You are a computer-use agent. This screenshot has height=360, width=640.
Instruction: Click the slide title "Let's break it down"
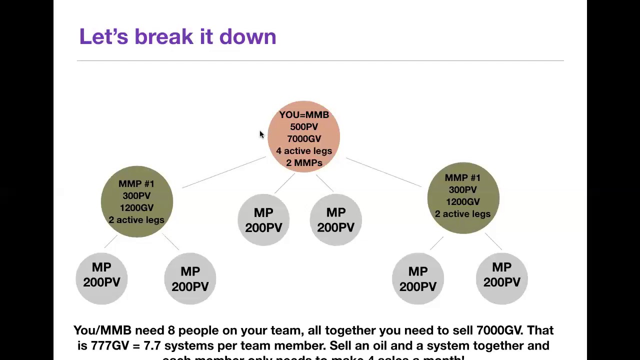point(177,37)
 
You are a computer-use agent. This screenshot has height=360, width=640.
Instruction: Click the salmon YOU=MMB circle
point(304,136)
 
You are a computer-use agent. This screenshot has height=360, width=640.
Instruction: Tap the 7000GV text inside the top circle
point(304,139)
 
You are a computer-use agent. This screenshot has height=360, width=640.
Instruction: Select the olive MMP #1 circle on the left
point(136,201)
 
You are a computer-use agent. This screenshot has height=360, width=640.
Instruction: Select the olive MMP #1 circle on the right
point(463,198)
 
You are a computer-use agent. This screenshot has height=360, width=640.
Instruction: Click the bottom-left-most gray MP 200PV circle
point(101,278)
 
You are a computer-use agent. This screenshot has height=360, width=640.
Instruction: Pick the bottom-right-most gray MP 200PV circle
point(501,278)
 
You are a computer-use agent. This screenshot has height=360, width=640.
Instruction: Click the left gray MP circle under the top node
point(263,220)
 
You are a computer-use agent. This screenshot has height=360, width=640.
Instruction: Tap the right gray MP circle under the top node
point(335,220)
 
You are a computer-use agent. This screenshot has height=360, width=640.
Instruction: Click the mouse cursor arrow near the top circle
point(261,134)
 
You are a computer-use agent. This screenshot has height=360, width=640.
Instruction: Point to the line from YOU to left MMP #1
point(224,172)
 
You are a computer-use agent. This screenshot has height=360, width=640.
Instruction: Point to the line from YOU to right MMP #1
point(383,172)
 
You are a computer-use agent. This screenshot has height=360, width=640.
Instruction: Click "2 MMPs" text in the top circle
point(304,163)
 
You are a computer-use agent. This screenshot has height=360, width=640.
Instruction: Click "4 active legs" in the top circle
point(304,151)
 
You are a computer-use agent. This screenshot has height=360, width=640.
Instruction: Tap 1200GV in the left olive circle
point(136,208)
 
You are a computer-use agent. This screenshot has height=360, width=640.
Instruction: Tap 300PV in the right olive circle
point(462,190)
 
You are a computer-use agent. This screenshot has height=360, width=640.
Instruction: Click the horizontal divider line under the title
point(320,61)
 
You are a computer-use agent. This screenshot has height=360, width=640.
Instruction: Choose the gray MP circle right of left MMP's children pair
point(190,279)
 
